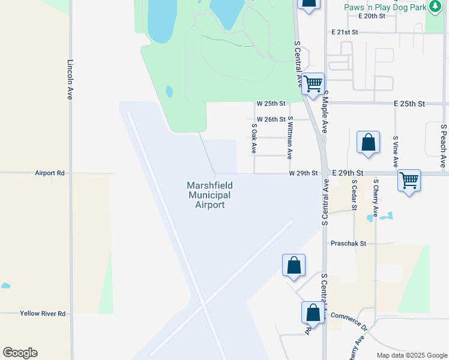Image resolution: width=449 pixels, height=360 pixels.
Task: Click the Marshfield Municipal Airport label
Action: [x=209, y=195]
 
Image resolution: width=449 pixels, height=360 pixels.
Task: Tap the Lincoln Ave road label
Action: [x=70, y=79]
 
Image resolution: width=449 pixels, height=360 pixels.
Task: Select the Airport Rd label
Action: [x=49, y=173]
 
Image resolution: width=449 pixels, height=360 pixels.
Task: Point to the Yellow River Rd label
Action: [x=42, y=313]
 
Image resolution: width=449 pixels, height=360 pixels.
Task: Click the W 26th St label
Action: [x=271, y=119]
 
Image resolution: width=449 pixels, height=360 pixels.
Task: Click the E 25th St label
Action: [x=409, y=104]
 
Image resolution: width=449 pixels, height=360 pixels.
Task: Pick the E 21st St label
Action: [x=344, y=31]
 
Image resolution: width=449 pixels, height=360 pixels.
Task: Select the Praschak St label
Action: [x=348, y=244]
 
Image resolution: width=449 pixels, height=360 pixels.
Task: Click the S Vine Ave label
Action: [x=396, y=151]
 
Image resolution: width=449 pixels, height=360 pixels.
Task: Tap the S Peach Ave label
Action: [x=443, y=145]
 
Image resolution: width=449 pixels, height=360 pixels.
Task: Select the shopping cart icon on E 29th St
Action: [x=409, y=179]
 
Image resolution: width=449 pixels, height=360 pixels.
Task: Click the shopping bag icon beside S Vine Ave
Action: [x=368, y=143]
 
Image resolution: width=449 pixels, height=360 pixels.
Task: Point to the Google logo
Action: [x=20, y=353]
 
